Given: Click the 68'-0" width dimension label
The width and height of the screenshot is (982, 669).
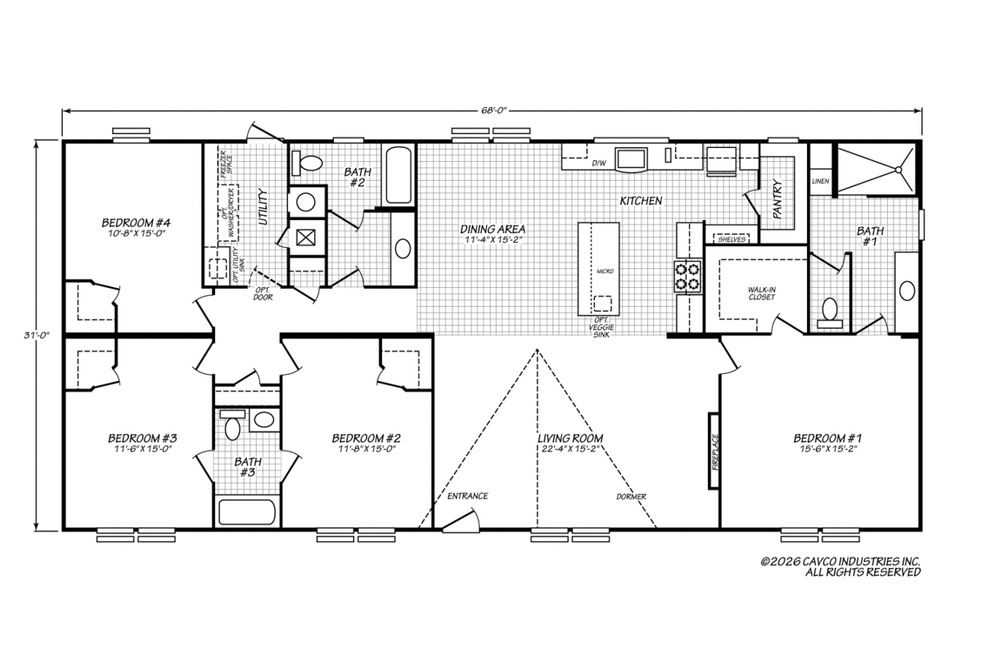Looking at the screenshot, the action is (x=494, y=110).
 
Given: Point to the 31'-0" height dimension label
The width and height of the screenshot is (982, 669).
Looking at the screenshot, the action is (x=36, y=335).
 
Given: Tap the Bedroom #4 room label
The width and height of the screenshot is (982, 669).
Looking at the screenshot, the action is (x=136, y=222).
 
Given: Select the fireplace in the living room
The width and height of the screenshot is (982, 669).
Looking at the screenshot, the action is (x=714, y=451).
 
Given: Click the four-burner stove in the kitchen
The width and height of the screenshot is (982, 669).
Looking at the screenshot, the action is (x=687, y=276).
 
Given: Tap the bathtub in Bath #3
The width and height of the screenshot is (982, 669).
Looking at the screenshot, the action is (x=247, y=512).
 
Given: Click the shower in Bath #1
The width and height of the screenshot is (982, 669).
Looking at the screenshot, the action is (x=877, y=168).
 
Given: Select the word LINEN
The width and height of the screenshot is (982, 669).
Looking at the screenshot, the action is (x=820, y=181).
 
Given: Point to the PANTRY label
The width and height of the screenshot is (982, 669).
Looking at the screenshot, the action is (x=777, y=199).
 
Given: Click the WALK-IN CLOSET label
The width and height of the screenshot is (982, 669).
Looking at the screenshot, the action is (x=762, y=294).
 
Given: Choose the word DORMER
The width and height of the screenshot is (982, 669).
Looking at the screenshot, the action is (x=631, y=496).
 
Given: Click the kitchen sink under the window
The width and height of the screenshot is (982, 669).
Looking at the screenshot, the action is (x=631, y=159).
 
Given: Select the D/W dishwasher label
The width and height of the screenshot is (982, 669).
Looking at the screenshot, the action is (x=599, y=164).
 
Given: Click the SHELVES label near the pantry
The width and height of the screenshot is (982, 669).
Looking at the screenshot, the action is (x=732, y=239).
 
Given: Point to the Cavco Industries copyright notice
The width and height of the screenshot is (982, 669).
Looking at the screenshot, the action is (x=840, y=567).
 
